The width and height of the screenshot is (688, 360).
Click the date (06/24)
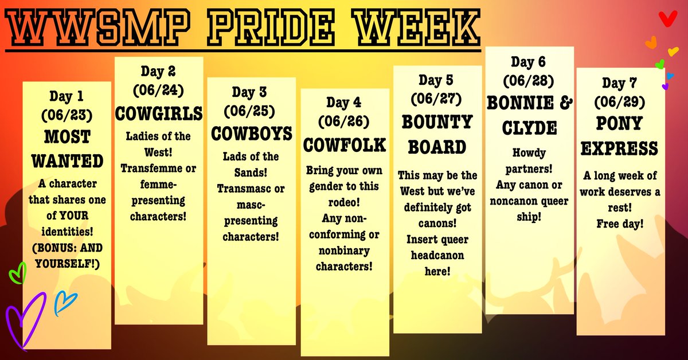(x=158, y=90)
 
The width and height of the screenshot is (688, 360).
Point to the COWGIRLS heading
(x=159, y=114)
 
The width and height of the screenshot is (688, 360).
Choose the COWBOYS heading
(x=252, y=134)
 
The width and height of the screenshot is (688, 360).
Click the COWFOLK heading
(x=345, y=145)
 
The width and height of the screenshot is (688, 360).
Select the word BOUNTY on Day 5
(x=437, y=122)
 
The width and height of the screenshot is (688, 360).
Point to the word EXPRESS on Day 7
(x=620, y=149)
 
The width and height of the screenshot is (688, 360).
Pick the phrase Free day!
(x=620, y=223)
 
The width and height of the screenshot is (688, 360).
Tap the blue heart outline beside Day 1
(x=65, y=304)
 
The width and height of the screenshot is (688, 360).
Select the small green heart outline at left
(x=18, y=273)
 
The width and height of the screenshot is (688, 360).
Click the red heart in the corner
(x=666, y=19)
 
